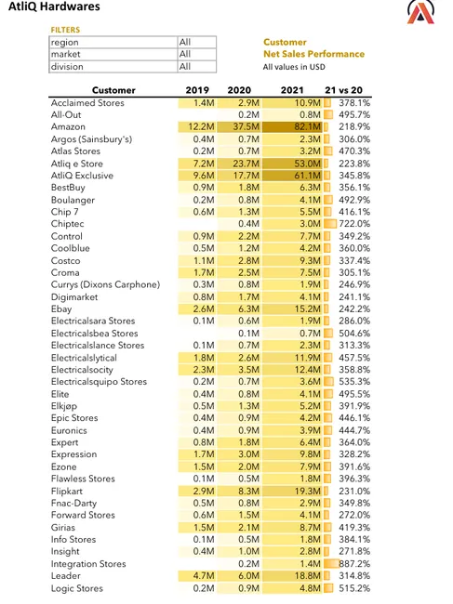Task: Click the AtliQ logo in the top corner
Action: point(420,11)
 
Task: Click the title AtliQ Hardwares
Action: point(54,7)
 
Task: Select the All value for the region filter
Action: point(185,42)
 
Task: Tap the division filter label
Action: point(67,67)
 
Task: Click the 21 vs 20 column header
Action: point(343,90)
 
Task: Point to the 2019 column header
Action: point(197,90)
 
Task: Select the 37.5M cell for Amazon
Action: point(246,126)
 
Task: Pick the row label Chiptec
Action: point(68,224)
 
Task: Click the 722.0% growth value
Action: point(354,224)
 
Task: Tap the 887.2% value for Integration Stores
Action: point(354,564)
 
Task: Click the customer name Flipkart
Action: point(67,492)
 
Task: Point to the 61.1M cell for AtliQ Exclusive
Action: point(307,176)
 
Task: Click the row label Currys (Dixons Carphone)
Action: point(105,284)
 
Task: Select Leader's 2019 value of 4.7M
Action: point(203,576)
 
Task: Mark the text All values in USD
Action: point(294,67)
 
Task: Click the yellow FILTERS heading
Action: point(65,30)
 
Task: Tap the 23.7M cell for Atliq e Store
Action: point(246,164)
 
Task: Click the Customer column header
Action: point(113,90)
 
